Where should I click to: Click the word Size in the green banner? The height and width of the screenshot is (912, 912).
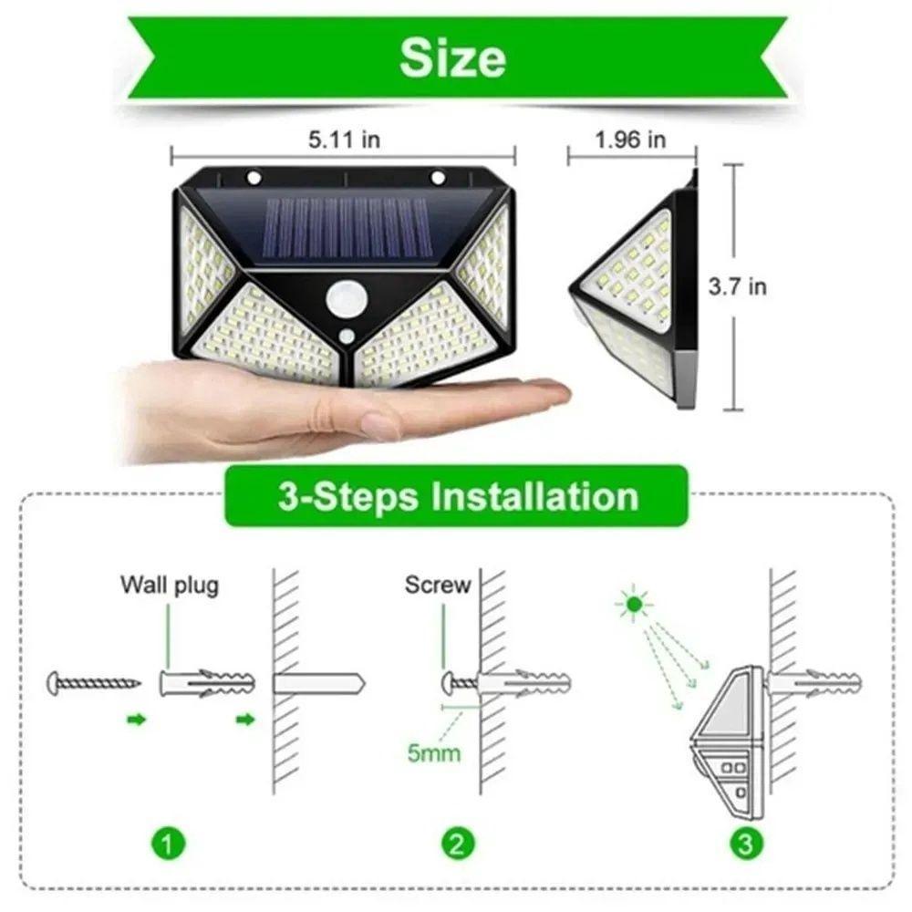[x=453, y=58]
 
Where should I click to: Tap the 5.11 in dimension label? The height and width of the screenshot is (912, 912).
[x=344, y=140]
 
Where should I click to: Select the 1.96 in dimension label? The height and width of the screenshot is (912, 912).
[x=631, y=140]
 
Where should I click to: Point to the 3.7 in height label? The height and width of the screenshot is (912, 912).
[x=738, y=286]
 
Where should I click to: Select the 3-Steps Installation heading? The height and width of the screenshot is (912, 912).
[x=457, y=496]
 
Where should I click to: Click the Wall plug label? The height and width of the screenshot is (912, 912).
[x=170, y=585]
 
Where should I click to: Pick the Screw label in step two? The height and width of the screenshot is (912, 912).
[x=438, y=585]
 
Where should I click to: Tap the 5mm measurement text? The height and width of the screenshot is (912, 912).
[x=433, y=753]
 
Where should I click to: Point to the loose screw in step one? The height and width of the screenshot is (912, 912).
[x=95, y=680]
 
